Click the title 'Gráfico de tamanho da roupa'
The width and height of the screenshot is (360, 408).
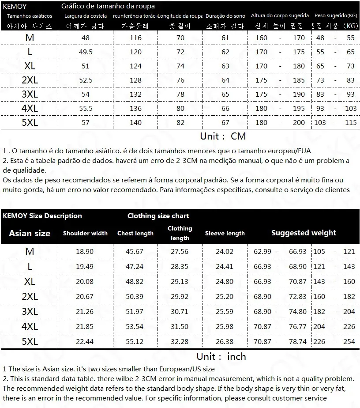click(108, 6)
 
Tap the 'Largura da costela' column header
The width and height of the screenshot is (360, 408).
click(86, 16)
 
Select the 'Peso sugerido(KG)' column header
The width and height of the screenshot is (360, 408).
click(336, 16)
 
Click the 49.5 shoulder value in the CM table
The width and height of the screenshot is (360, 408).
click(86, 52)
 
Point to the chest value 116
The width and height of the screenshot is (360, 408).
click(135, 38)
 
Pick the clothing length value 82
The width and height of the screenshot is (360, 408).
click(180, 123)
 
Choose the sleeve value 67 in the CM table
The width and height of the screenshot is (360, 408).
click(225, 123)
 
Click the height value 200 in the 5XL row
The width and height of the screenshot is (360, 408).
click(299, 123)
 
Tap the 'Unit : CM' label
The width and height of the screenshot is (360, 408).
click(223, 136)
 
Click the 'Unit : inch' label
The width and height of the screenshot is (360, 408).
click(221, 356)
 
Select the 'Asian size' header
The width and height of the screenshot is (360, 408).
click(30, 233)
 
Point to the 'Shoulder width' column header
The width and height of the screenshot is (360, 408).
click(85, 233)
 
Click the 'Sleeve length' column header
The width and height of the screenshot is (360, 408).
click(225, 233)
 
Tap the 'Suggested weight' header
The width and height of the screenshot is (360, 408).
click(304, 233)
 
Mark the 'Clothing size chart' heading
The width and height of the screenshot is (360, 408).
click(158, 216)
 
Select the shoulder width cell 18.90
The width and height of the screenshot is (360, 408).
click(85, 252)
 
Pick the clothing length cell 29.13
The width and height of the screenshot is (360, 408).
click(180, 282)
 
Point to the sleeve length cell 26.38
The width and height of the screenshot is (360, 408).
click(225, 342)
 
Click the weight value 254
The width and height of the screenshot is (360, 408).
click(349, 342)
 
